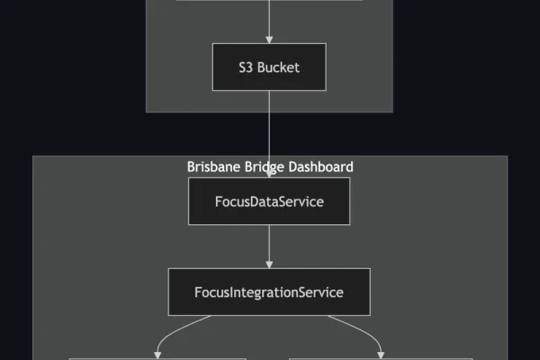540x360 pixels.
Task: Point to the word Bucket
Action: tap(278, 67)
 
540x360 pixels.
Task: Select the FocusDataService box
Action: tap(269, 201)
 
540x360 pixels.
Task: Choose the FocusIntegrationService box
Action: tap(269, 292)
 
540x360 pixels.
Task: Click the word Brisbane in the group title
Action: tap(214, 166)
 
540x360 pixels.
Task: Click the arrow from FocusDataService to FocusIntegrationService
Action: tap(269, 245)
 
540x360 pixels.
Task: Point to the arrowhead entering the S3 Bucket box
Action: tap(269, 40)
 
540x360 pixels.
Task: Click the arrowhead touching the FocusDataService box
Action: tap(269, 174)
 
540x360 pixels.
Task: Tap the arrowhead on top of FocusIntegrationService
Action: tap(269, 264)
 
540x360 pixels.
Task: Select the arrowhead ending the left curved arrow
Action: tap(158, 354)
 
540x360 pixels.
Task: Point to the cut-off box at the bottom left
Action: tap(157, 358)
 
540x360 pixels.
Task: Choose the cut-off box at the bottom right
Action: tap(380, 358)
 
